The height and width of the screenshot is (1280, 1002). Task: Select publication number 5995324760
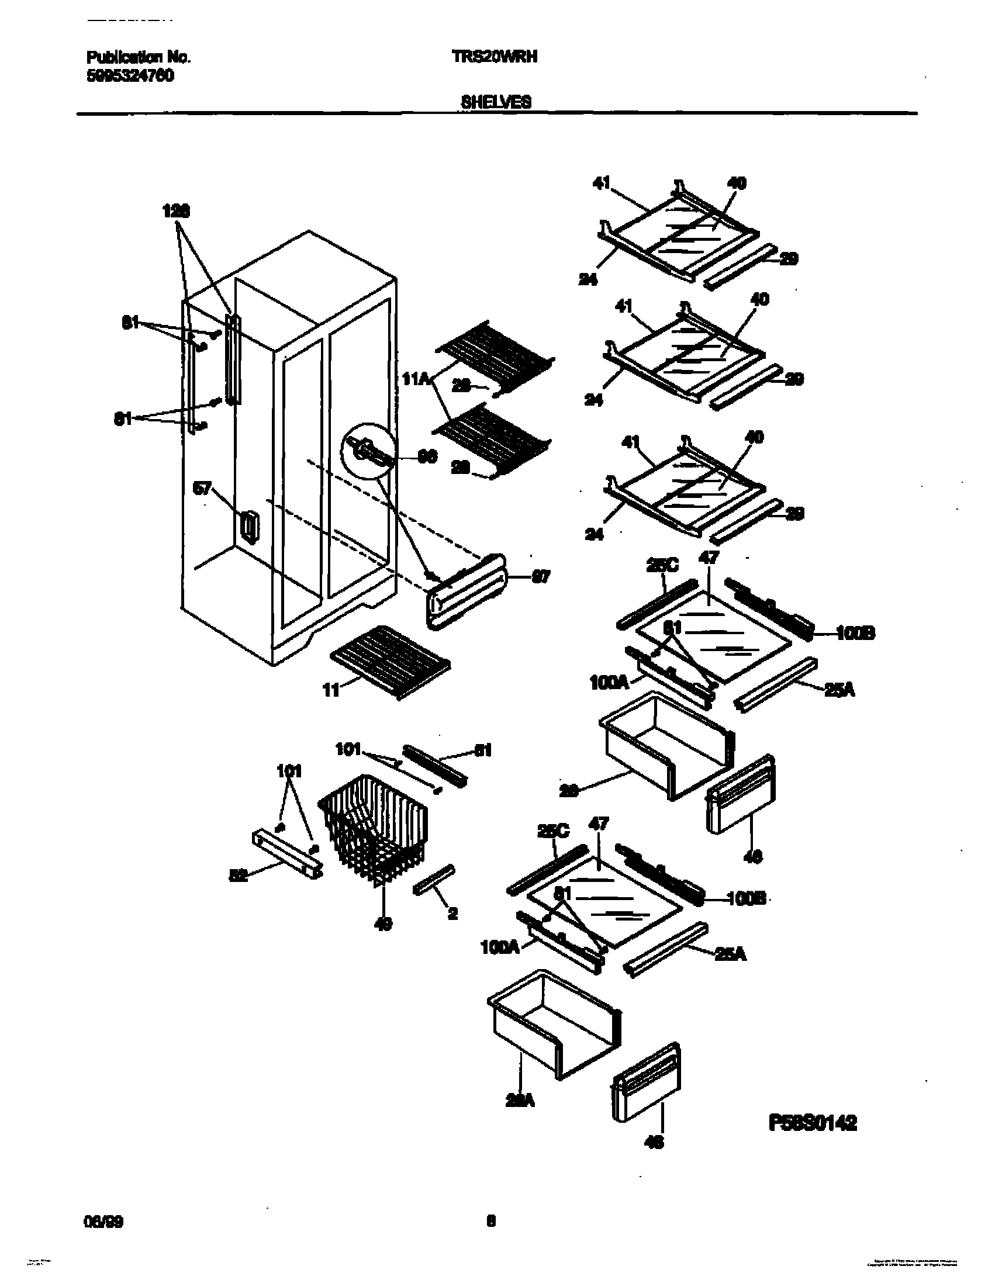[130, 76]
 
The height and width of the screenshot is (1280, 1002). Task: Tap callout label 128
[176, 211]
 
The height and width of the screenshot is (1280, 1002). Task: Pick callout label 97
[540, 577]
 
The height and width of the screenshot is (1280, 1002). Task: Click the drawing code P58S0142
[813, 1123]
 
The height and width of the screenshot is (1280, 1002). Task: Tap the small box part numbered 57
[249, 527]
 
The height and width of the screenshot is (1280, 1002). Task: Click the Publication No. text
[139, 57]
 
